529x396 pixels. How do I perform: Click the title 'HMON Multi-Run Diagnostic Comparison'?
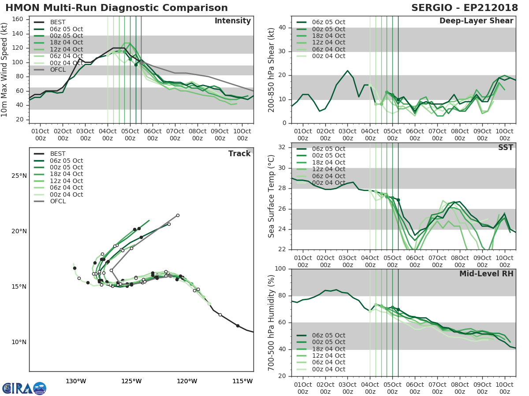pos(116,8)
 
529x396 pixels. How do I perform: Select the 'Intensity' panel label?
pos(232,21)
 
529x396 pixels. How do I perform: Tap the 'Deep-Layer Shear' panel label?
pos(476,21)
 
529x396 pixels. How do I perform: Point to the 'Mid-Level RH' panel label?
pos(486,274)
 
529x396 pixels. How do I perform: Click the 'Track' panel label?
pos(239,154)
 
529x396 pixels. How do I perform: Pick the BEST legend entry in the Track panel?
pos(58,154)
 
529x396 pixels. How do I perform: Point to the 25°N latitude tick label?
pos(19,176)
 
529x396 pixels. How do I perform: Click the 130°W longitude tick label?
pos(76,381)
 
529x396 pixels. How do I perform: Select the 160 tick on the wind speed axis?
pos(18,19)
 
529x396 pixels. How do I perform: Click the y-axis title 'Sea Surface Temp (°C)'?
pos(272,196)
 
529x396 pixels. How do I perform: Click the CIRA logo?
pos(24,388)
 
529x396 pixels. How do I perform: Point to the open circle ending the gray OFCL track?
pos(178,216)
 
